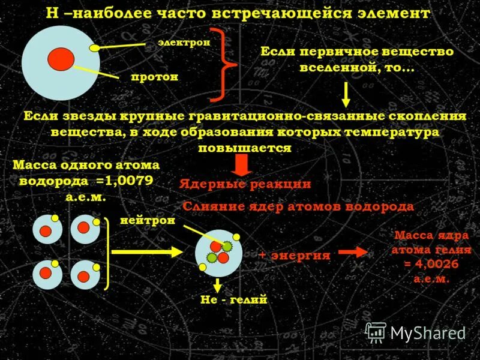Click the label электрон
pyautogui.click(x=184, y=43)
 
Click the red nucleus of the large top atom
pyautogui.click(x=61, y=59)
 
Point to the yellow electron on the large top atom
pyautogui.click(x=94, y=47)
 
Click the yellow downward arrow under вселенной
pyautogui.click(x=346, y=94)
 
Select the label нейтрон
pyautogui.click(x=148, y=221)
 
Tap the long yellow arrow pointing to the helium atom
pyautogui.click(x=146, y=252)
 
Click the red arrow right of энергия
pyautogui.click(x=352, y=253)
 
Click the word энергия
pyautogui.click(x=300, y=255)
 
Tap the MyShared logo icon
pyautogui.click(x=376, y=332)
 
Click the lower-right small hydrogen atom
pyautogui.click(x=85, y=275)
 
